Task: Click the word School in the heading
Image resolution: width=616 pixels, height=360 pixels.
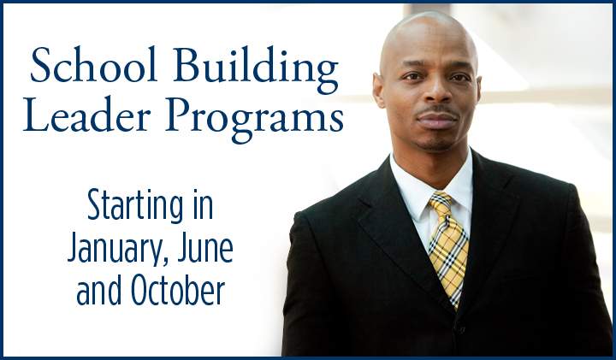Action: click(93, 65)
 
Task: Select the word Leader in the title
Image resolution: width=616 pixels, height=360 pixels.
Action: click(86, 115)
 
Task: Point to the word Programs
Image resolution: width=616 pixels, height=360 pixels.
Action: click(255, 120)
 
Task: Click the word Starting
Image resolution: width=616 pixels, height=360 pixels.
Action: click(135, 206)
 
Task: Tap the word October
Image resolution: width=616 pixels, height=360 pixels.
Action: click(178, 290)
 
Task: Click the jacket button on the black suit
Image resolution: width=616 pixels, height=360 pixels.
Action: click(459, 327)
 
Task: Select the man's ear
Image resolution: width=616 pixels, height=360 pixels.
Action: click(379, 91)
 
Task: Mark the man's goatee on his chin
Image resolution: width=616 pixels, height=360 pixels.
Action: click(435, 145)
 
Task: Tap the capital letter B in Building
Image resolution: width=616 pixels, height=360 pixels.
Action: click(187, 65)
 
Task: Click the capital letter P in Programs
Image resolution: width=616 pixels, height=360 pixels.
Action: click(179, 115)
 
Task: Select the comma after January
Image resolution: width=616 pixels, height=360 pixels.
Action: click(165, 262)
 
